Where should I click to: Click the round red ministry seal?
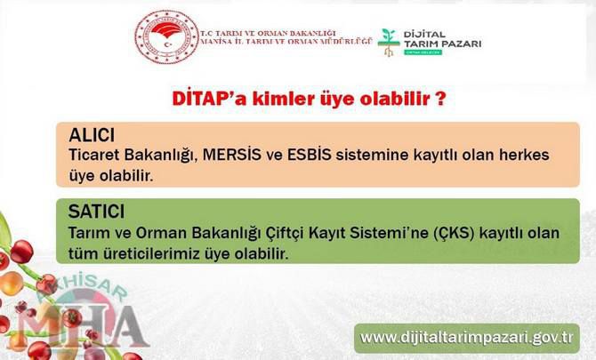click(167, 36)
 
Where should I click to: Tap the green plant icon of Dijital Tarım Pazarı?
click(388, 43)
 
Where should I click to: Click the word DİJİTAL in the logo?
click(424, 35)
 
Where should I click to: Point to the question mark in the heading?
click(439, 99)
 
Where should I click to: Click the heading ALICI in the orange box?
click(92, 135)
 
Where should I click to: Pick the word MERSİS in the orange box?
click(232, 155)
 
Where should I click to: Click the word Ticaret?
click(94, 155)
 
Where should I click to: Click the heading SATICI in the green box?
click(96, 212)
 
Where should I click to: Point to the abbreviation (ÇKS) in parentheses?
click(455, 233)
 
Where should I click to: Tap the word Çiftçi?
click(285, 233)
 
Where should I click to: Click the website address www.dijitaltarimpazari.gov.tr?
click(467, 338)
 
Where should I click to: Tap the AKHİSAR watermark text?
click(83, 287)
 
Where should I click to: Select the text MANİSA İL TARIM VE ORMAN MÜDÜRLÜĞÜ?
click(286, 42)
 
